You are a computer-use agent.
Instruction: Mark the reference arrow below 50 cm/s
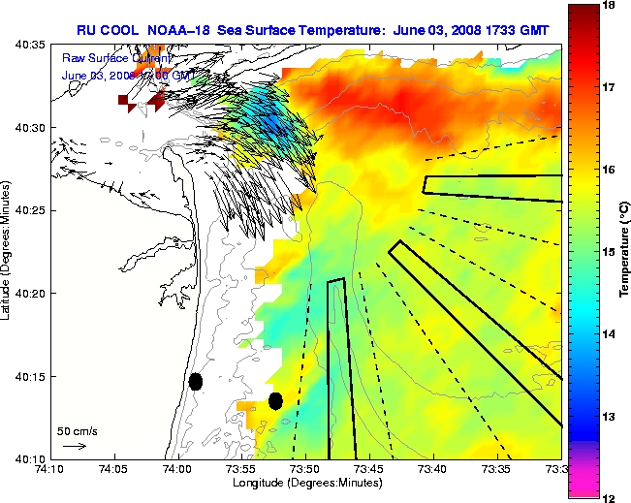(75, 446)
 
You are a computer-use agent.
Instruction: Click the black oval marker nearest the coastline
(196, 381)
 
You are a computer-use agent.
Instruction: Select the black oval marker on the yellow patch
(275, 400)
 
